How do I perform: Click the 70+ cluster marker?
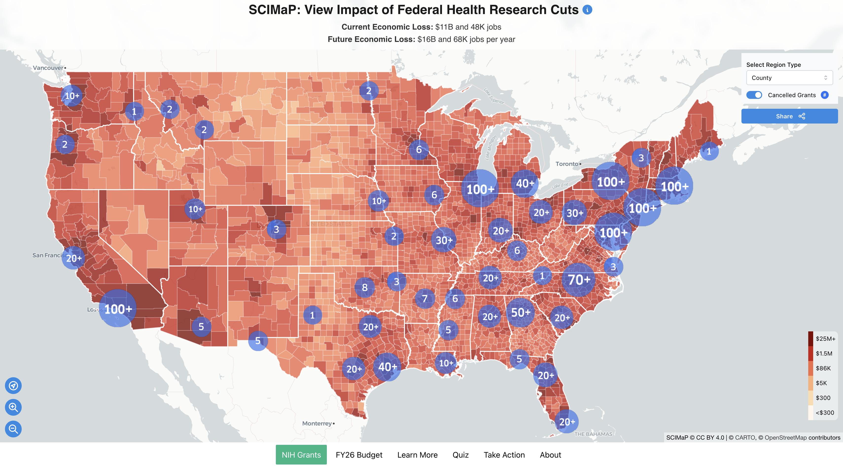578,280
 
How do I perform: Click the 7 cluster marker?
424,298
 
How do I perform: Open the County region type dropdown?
789,78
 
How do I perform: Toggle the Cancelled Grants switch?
754,95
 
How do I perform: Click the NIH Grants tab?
301,455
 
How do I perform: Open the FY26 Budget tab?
359,455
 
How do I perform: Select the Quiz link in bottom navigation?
460,455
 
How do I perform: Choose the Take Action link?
504,455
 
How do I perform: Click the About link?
550,455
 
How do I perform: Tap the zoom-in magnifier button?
13,407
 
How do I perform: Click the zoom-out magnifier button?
13,429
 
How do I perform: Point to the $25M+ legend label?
825,339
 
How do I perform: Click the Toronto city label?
566,164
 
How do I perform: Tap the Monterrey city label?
317,423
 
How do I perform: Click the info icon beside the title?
587,10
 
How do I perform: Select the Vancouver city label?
48,68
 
